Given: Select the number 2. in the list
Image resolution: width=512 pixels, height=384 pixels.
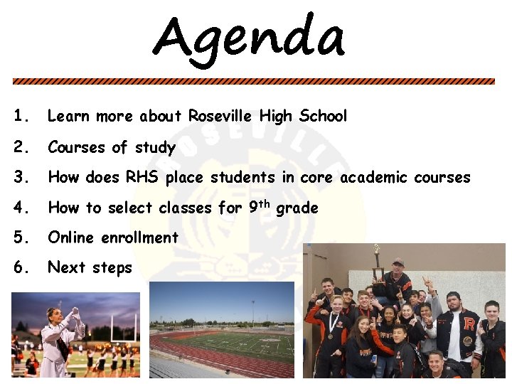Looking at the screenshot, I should (x=22, y=147).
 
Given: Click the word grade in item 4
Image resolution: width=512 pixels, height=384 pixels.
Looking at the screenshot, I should (x=297, y=208).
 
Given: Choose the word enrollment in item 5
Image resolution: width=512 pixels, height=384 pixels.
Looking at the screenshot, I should (x=141, y=238).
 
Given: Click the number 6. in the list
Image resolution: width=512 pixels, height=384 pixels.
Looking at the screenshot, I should (x=22, y=267).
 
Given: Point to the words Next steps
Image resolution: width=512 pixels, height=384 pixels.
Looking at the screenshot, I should (x=90, y=268).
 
